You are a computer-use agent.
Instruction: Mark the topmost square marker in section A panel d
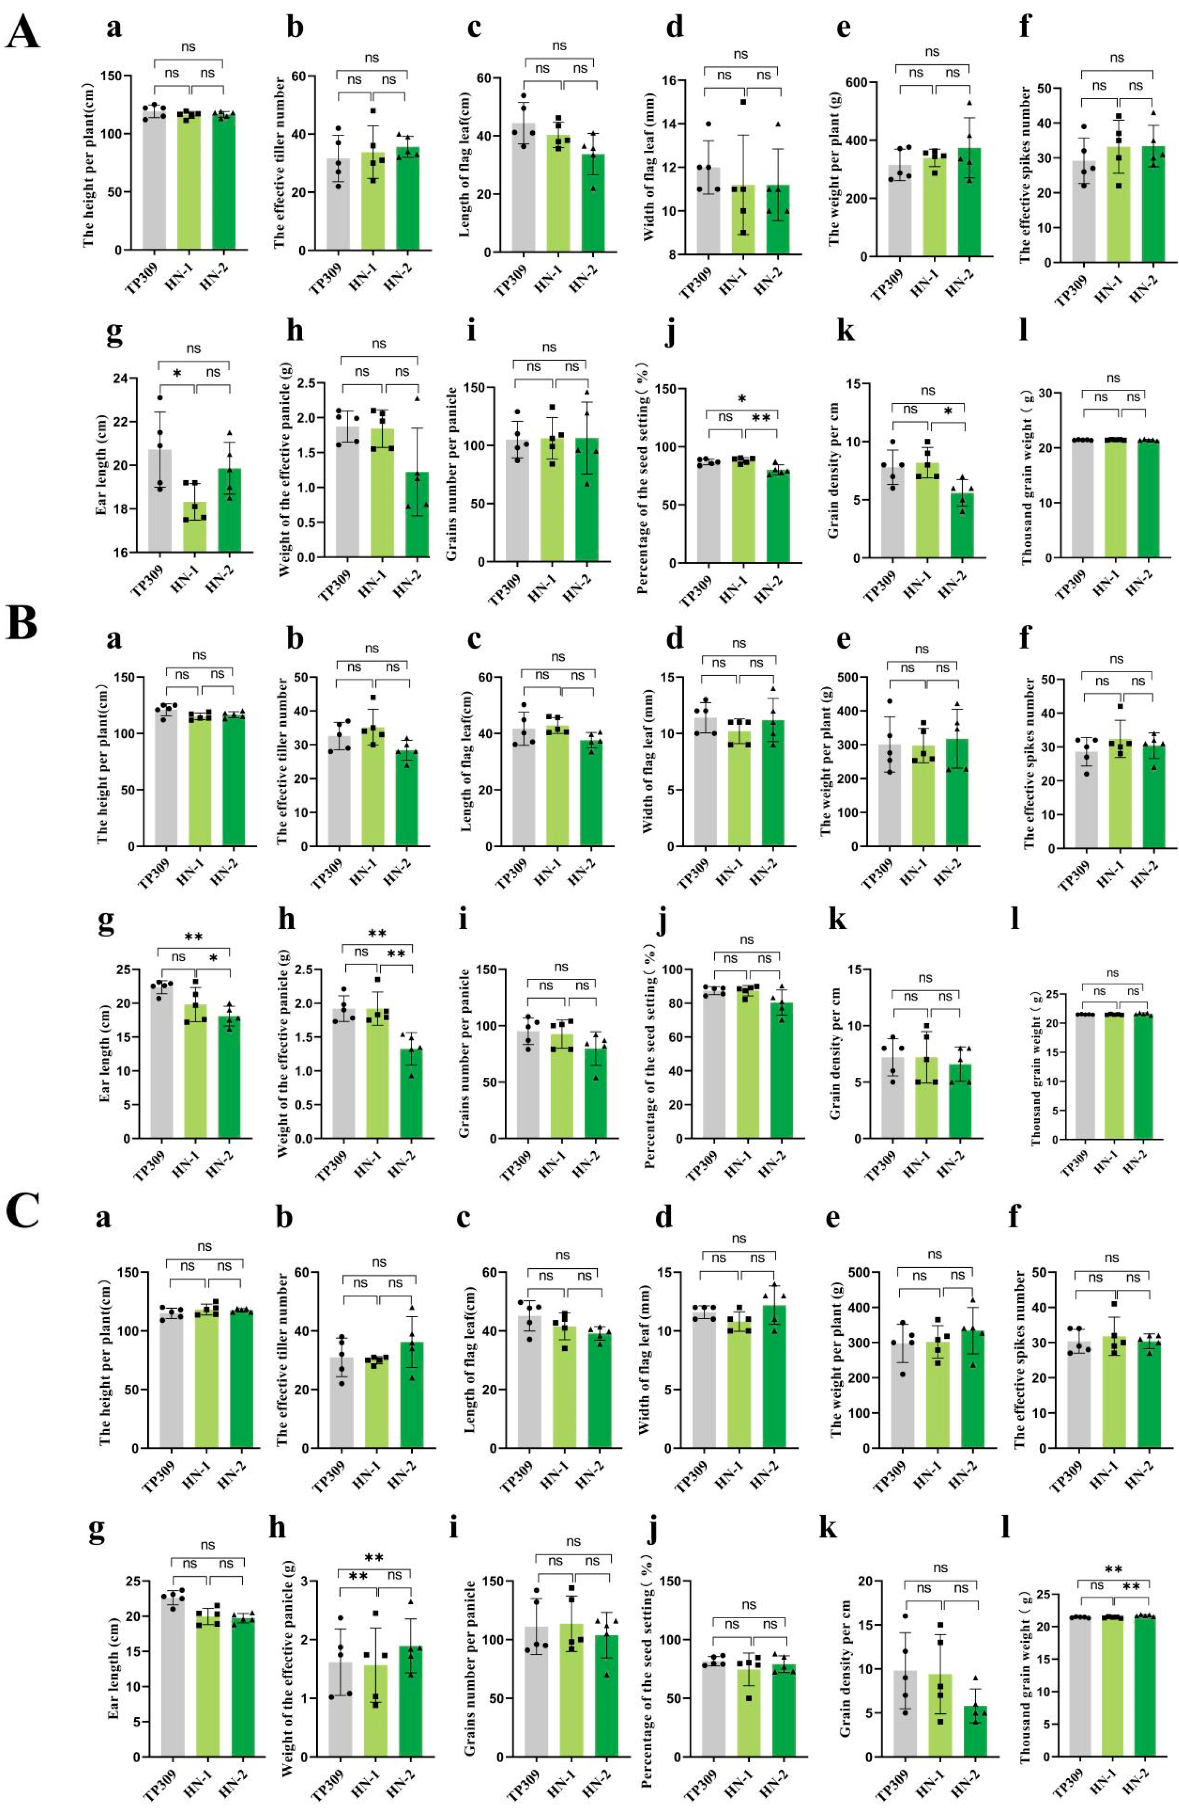tap(742, 102)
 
